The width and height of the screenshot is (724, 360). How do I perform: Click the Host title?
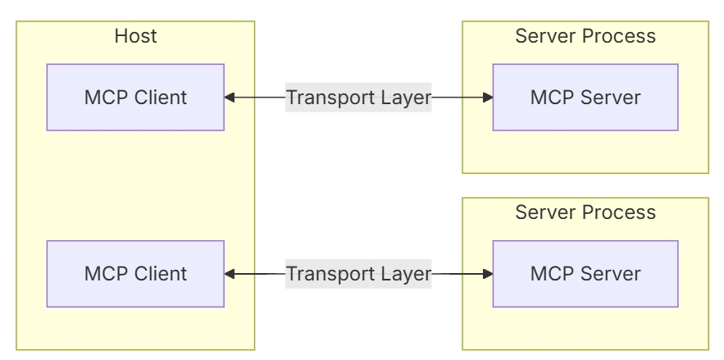(135, 36)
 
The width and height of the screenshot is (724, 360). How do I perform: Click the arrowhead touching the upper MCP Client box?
(229, 98)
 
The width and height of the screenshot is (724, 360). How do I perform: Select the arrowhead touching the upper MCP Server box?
(488, 98)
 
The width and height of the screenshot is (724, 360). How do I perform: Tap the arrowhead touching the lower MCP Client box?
(229, 274)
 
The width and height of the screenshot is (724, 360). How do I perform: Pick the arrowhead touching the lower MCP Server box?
(488, 274)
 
